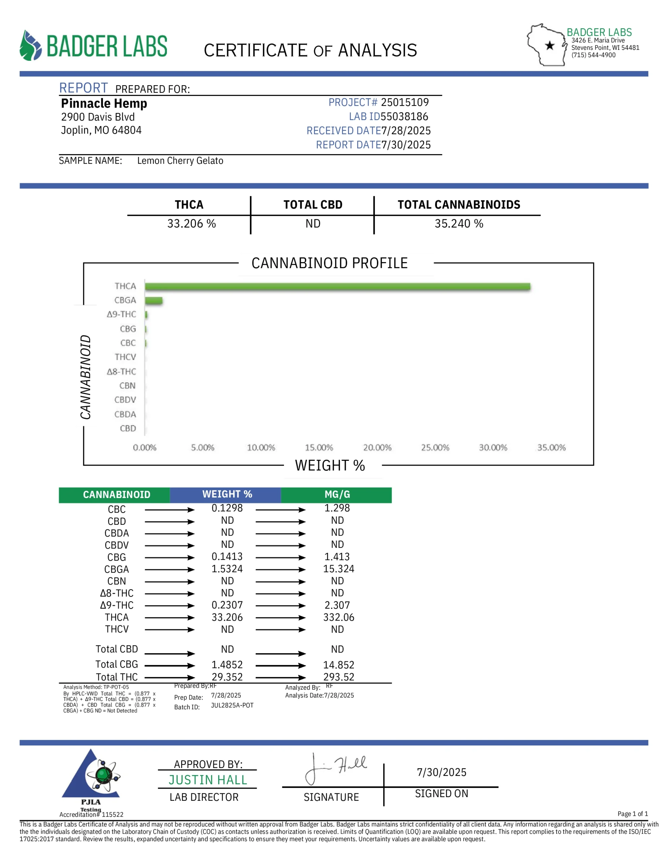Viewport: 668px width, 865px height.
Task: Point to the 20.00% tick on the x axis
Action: [x=377, y=448]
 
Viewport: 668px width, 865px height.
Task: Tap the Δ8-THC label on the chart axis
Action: [x=121, y=371]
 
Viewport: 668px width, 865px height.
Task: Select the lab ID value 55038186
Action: [x=404, y=117]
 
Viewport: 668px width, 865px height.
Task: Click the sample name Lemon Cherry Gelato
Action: [x=180, y=161]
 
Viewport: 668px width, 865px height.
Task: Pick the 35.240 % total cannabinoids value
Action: [x=459, y=224]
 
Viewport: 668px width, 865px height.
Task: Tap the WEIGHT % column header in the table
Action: [x=227, y=494]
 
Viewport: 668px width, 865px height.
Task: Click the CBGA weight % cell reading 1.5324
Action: [x=227, y=569]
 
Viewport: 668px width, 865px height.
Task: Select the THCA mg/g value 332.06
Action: [x=338, y=617]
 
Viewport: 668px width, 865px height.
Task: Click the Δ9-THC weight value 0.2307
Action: [x=227, y=605]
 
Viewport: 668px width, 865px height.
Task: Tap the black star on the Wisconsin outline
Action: [x=549, y=46]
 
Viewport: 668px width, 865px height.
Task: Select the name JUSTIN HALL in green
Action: [x=208, y=780]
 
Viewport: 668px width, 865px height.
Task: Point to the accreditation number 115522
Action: [x=112, y=815]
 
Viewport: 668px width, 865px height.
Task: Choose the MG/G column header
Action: [x=337, y=494]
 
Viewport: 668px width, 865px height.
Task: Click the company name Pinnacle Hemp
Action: [x=104, y=103]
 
